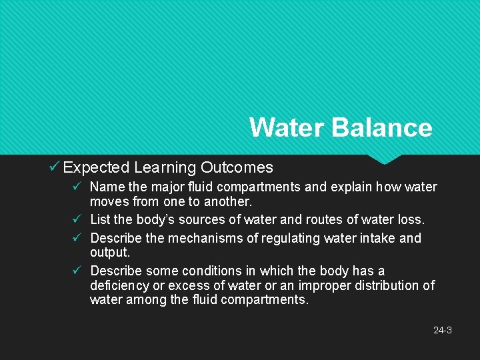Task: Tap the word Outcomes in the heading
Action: click(x=237, y=167)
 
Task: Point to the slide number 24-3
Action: click(x=443, y=330)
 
